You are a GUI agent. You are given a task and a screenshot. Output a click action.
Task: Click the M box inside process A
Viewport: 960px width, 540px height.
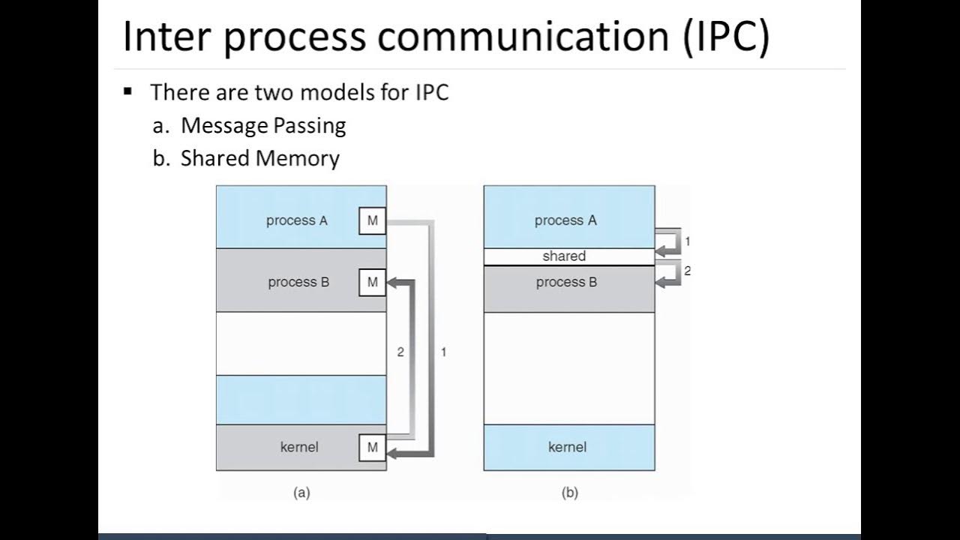tap(373, 221)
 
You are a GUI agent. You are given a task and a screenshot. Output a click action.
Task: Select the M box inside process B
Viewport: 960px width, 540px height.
tap(373, 283)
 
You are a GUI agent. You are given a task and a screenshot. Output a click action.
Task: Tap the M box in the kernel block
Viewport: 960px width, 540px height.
tap(373, 448)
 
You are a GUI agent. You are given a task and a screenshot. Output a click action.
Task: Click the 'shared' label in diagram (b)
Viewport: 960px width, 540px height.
tap(564, 256)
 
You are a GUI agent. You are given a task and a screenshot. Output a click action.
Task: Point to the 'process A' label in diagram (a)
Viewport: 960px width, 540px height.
tap(296, 220)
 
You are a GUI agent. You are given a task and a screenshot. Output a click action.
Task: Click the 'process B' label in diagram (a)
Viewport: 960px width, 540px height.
tap(298, 283)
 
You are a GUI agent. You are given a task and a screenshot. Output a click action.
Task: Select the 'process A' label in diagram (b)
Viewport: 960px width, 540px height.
tap(565, 220)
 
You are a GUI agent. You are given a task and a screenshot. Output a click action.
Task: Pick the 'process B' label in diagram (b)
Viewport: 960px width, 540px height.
tap(566, 283)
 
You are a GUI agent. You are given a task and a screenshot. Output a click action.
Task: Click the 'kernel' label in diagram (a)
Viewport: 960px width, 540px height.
tap(299, 447)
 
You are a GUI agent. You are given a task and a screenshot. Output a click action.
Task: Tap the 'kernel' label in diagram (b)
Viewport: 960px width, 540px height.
tap(567, 447)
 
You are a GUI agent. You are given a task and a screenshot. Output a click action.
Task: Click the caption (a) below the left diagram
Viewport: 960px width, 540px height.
tap(301, 493)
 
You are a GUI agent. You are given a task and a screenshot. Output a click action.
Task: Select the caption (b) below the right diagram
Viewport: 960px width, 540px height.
tap(569, 493)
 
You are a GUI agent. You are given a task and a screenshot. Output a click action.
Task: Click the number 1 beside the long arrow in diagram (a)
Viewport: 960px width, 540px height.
tap(443, 352)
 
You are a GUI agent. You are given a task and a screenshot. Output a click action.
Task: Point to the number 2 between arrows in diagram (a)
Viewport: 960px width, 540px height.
tap(400, 352)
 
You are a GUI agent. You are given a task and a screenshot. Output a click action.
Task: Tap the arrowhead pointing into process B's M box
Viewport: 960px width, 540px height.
tap(394, 283)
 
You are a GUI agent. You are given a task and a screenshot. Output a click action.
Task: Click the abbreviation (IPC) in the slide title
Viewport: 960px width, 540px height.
tap(725, 37)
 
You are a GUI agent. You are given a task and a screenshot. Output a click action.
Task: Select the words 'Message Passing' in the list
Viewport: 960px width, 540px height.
tap(263, 125)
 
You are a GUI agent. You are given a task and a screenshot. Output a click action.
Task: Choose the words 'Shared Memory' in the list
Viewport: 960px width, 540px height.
tap(259, 158)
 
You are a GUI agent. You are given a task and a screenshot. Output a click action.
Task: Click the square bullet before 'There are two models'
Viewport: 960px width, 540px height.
tap(127, 92)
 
